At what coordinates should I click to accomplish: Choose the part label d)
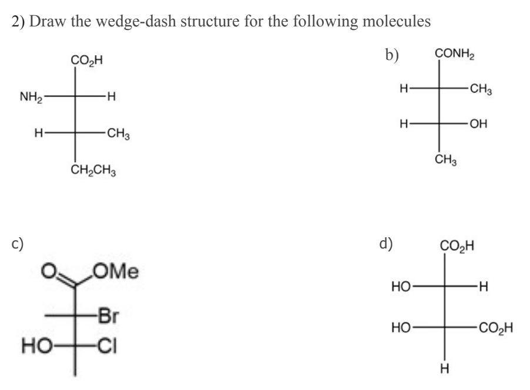click(x=387, y=243)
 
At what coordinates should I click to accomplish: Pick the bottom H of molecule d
click(x=444, y=368)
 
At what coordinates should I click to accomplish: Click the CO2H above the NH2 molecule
click(x=86, y=59)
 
